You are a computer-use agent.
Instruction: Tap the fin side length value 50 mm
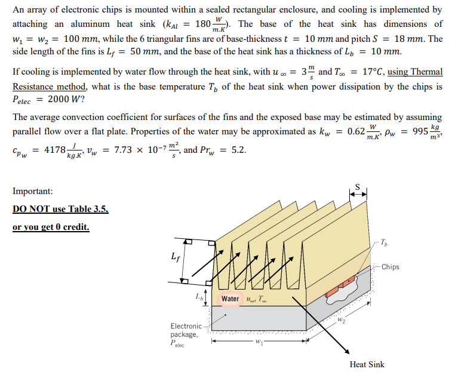click(142, 53)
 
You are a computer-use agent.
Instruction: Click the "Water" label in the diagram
click(230, 299)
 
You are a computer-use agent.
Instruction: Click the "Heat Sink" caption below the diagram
click(367, 364)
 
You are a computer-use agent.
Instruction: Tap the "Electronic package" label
click(186, 330)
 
